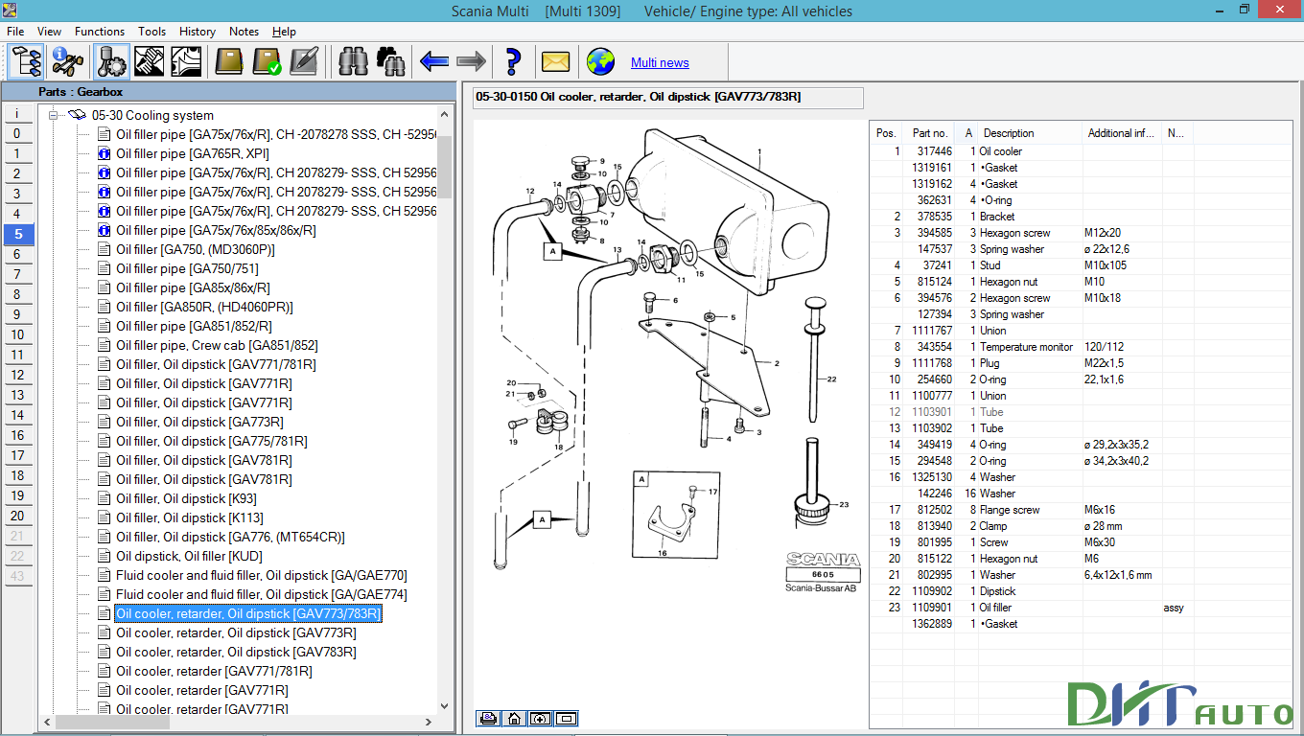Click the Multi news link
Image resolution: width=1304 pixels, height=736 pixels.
pyautogui.click(x=660, y=62)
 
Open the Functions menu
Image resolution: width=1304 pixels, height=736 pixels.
pyautogui.click(x=100, y=32)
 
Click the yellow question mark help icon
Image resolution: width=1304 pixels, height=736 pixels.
pyautogui.click(x=513, y=61)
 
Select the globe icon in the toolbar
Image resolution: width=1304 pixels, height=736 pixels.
pyautogui.click(x=601, y=61)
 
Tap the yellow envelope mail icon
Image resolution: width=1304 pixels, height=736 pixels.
pyautogui.click(x=556, y=61)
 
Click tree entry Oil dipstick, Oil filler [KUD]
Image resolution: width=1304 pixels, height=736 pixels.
pyautogui.click(x=189, y=556)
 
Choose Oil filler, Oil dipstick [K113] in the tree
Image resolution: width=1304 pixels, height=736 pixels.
pyautogui.click(x=186, y=517)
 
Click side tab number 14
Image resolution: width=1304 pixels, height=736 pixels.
pyautogui.click(x=17, y=415)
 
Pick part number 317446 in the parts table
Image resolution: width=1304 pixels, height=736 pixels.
pyautogui.click(x=934, y=151)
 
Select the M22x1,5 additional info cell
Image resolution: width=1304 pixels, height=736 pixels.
pyautogui.click(x=1105, y=363)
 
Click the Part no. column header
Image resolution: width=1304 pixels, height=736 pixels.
pyautogui.click(x=929, y=133)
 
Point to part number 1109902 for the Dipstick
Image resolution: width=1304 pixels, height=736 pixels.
pyautogui.click(x=933, y=591)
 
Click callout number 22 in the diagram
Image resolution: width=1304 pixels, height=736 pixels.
pyautogui.click(x=831, y=379)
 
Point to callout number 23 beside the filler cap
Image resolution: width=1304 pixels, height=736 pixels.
pyautogui.click(x=844, y=504)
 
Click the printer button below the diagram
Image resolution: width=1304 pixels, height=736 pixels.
pyautogui.click(x=488, y=718)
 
